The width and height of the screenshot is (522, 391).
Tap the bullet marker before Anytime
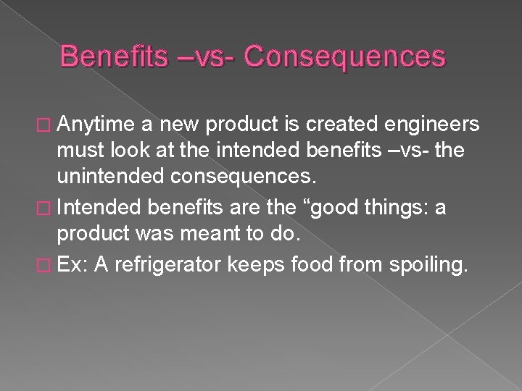(67, 127)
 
